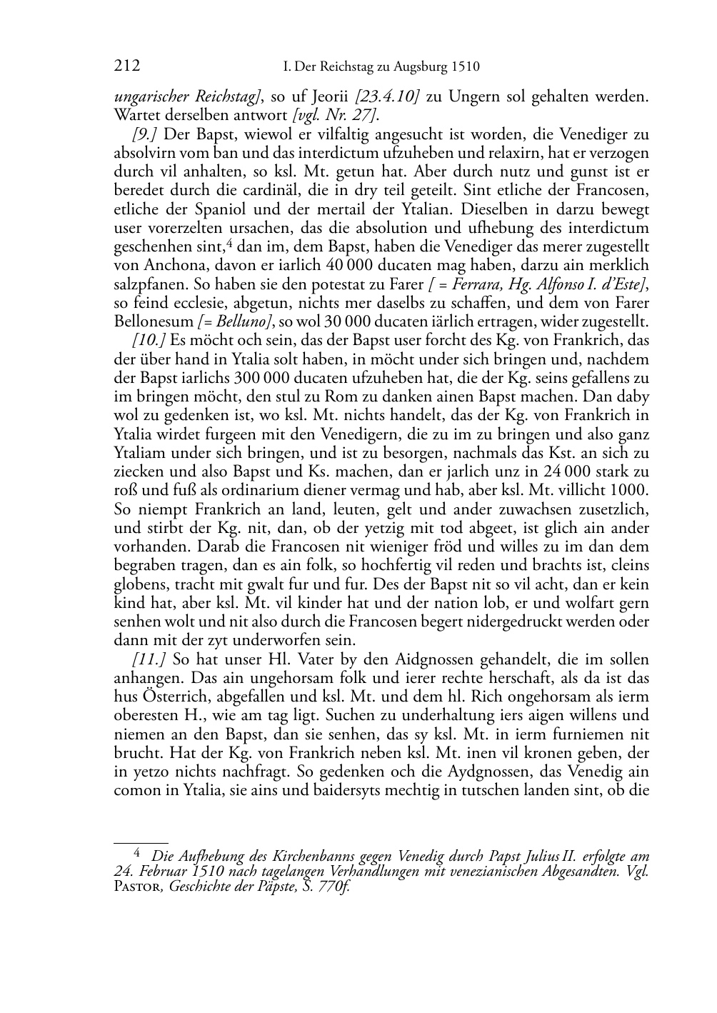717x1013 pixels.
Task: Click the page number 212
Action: click(127, 66)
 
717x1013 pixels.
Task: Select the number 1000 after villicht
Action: click(629, 490)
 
